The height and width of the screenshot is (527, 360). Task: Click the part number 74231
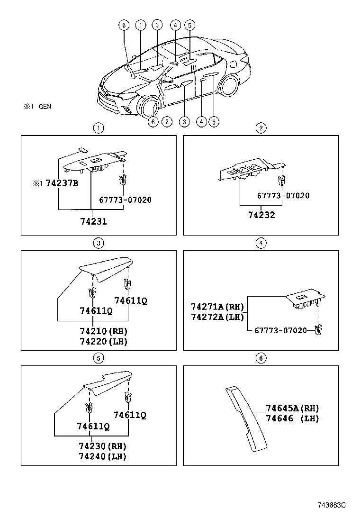point(93,221)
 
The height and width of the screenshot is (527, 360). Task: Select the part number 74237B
point(62,183)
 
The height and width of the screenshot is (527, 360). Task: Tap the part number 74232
point(261,215)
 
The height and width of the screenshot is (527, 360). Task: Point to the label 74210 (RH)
point(103,331)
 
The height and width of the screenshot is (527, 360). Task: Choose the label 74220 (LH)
point(103,341)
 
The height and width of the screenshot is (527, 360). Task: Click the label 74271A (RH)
point(216,307)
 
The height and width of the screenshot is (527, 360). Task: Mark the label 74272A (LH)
point(216,317)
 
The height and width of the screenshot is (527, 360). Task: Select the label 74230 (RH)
point(103,446)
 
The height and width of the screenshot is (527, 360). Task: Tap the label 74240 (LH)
point(103,456)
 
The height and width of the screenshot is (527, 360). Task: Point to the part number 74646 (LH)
point(292,419)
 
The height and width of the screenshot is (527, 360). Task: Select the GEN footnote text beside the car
point(45,107)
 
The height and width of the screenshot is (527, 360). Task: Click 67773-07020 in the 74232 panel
point(283,196)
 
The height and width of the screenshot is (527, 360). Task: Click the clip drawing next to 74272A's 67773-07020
point(320,330)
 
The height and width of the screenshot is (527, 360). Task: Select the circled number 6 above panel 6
point(261,358)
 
